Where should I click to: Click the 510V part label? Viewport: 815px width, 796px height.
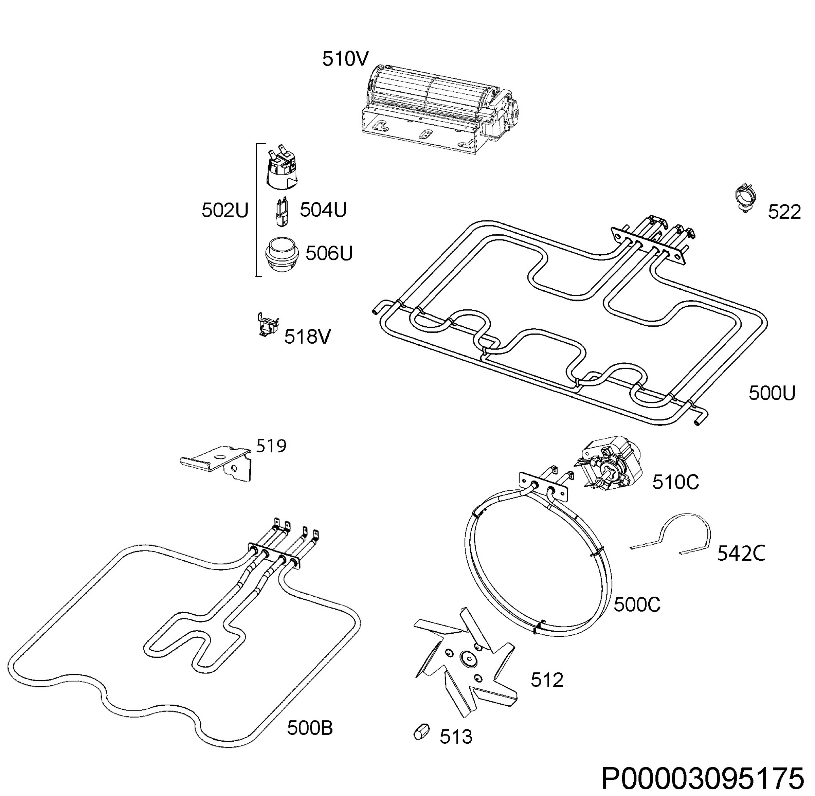[x=345, y=59]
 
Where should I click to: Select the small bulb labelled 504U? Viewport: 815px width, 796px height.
[x=282, y=212]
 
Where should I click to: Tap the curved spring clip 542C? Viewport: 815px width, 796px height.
[x=671, y=535]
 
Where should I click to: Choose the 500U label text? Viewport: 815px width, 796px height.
[x=772, y=393]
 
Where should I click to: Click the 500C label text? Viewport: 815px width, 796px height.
[x=637, y=604]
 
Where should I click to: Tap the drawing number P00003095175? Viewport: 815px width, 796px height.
[x=703, y=778]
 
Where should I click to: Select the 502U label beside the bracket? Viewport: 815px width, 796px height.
[x=225, y=210]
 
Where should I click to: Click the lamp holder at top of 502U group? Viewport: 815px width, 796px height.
[x=282, y=167]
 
